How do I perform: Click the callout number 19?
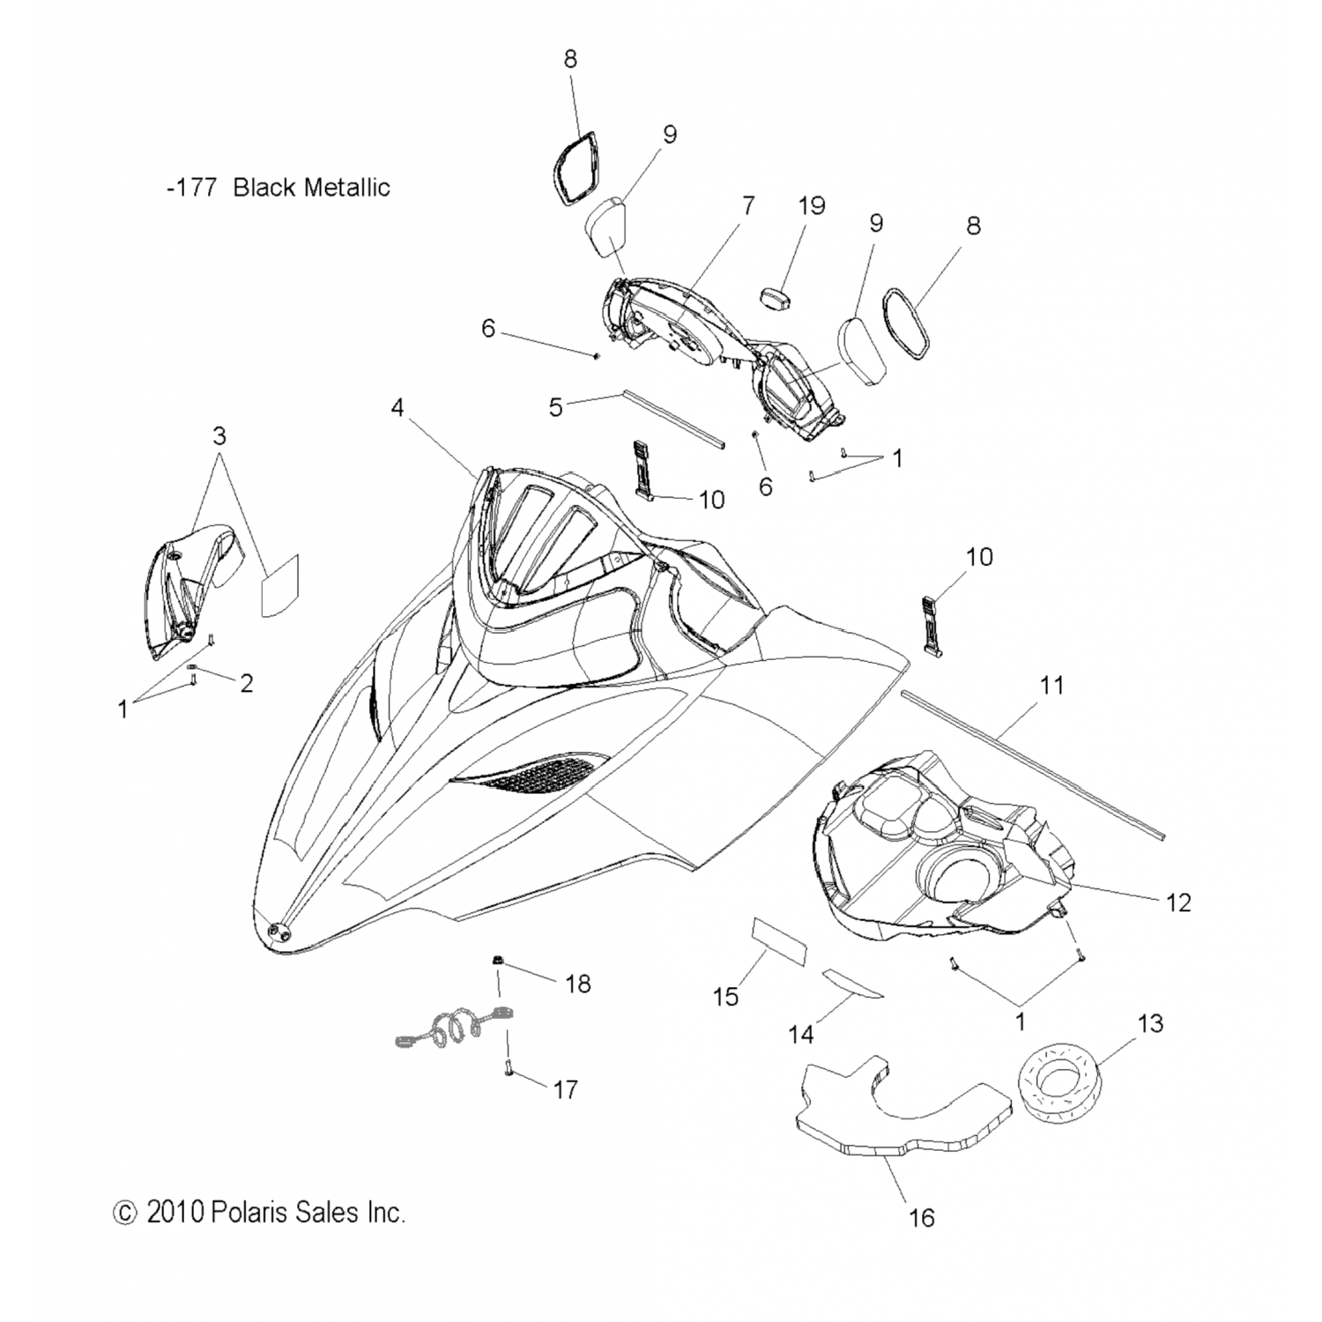(x=812, y=206)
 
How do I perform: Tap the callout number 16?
(x=921, y=1218)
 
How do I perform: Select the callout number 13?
(x=1150, y=1023)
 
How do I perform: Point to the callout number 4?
(x=398, y=408)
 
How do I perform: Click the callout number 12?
(x=1177, y=902)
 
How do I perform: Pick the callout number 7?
(x=748, y=206)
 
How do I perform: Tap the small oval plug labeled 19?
(x=774, y=297)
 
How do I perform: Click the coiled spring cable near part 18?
(x=449, y=1029)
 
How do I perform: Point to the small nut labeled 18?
(x=499, y=958)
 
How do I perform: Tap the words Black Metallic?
(x=311, y=188)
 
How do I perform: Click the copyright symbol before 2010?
(x=125, y=1213)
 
